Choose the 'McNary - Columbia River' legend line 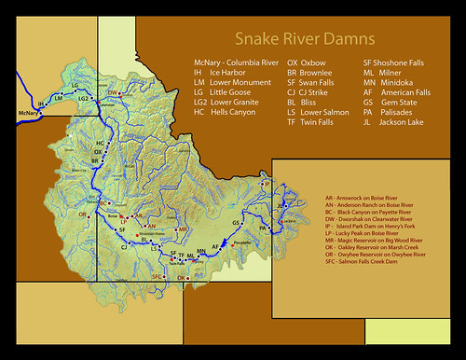[x=230, y=62]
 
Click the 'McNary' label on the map [x=31, y=114]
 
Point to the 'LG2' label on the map [x=83, y=98]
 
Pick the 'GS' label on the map [x=237, y=224]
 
